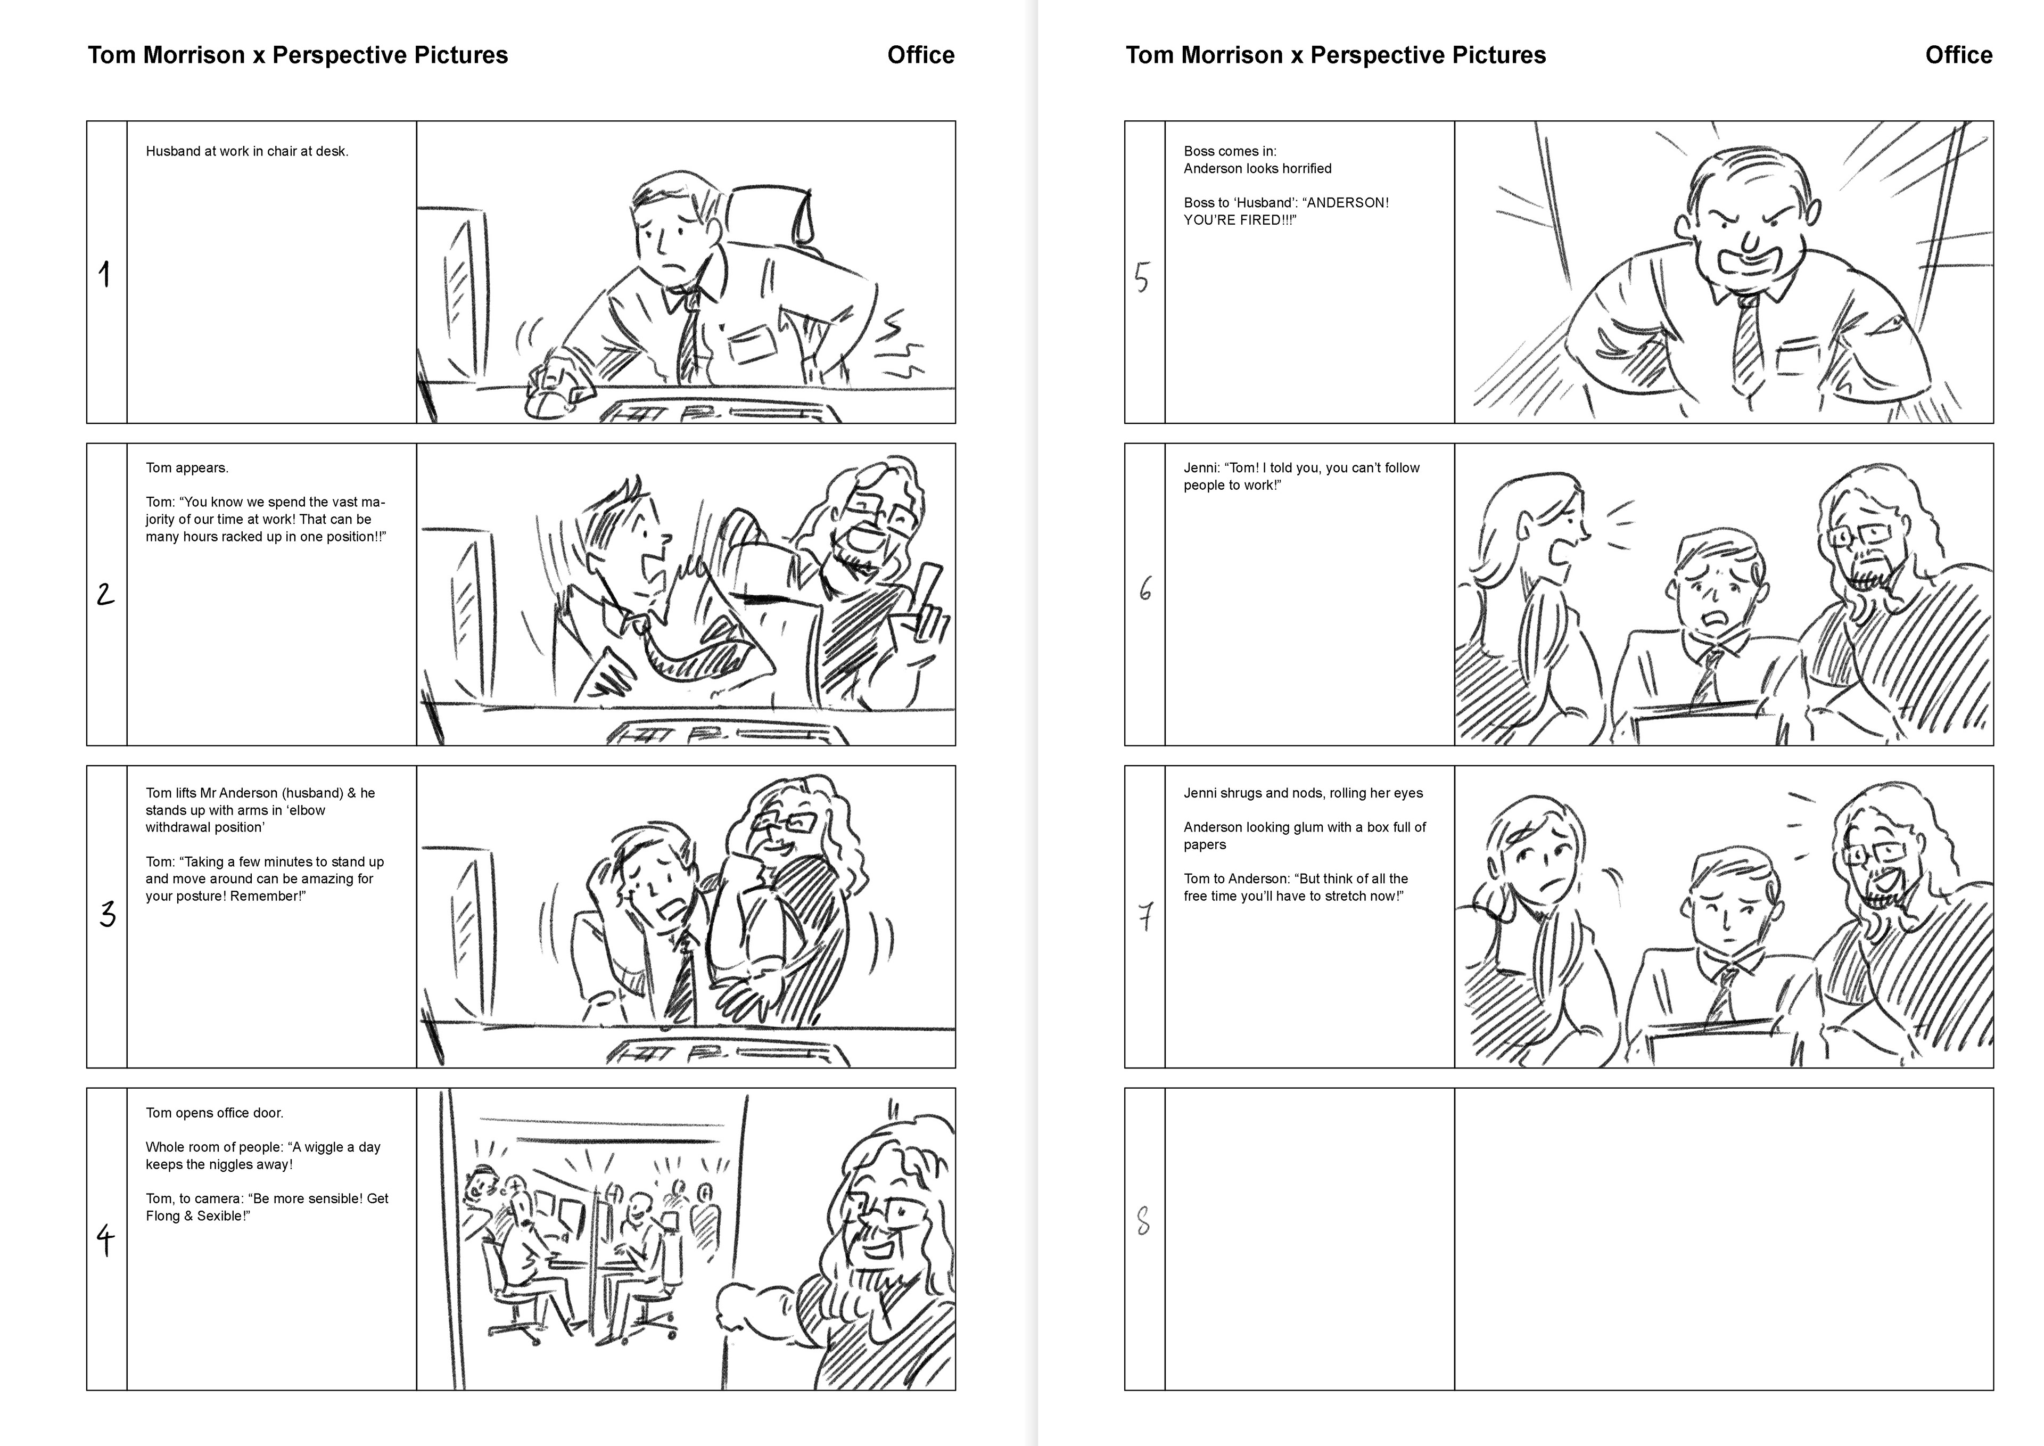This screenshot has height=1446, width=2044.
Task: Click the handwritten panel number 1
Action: pyautogui.click(x=105, y=274)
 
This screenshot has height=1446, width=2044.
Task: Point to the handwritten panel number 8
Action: pyautogui.click(x=1144, y=1221)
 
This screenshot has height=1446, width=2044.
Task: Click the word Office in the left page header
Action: pyautogui.click(x=920, y=55)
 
